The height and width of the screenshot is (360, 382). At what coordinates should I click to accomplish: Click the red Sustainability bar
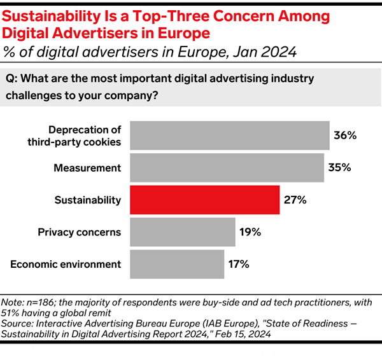(x=204, y=200)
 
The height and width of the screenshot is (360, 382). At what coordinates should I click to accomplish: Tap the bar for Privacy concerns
(x=181, y=232)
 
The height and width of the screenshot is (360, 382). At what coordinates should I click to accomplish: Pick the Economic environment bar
(x=177, y=263)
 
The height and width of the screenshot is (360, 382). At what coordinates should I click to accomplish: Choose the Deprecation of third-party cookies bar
(x=230, y=135)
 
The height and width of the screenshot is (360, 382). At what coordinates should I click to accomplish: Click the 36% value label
(x=344, y=135)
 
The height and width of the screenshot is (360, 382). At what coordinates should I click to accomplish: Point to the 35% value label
(x=338, y=168)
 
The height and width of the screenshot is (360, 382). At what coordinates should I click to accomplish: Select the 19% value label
(x=250, y=232)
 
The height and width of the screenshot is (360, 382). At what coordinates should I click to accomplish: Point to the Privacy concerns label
(x=80, y=232)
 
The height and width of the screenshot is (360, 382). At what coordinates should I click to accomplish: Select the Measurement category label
(x=88, y=168)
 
